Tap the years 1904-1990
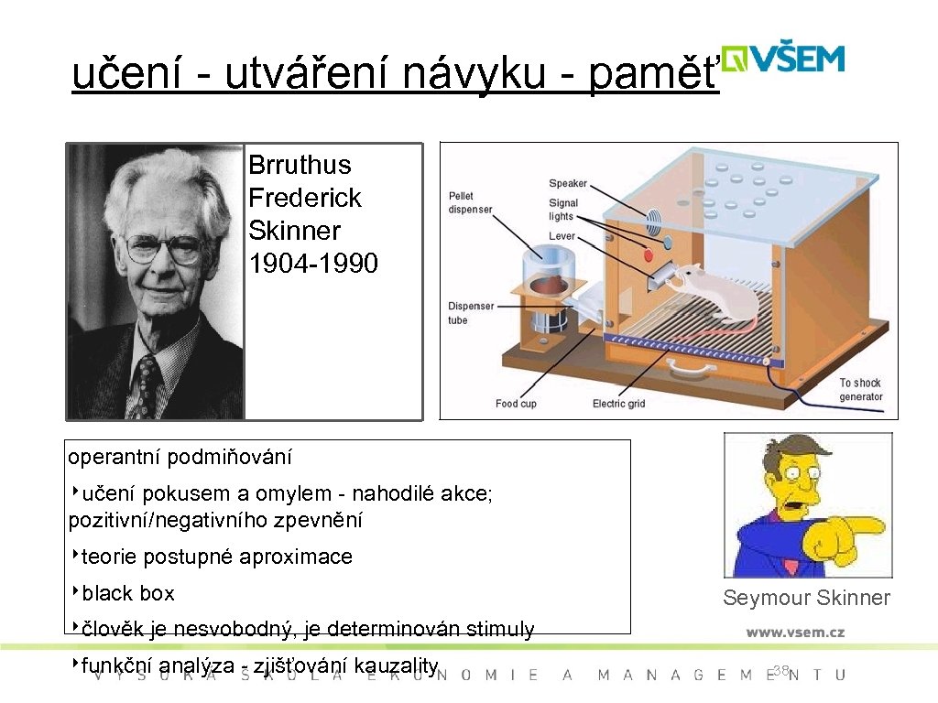313,264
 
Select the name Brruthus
300,165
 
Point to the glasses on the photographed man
165,247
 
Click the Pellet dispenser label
470,202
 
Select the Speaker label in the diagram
568,184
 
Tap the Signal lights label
563,210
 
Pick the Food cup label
516,404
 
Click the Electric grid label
618,404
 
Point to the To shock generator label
860,390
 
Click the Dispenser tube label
471,313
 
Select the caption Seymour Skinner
806,598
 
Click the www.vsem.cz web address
795,632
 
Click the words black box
127,593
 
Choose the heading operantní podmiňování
180,456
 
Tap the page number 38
780,671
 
